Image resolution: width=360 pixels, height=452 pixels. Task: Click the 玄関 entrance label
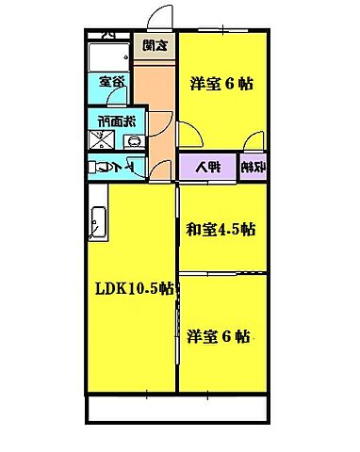[155, 43]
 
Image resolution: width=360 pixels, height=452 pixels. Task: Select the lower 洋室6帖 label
[218, 335]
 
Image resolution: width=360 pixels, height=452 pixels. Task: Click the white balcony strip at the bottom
[179, 410]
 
